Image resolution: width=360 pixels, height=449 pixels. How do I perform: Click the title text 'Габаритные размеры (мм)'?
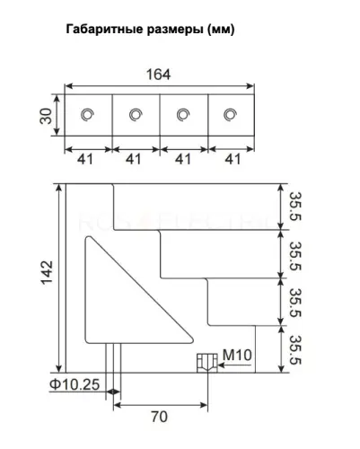coord(150,30)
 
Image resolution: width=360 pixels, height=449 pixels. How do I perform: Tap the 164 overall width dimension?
coord(158,75)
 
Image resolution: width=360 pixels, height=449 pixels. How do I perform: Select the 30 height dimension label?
coord(46,116)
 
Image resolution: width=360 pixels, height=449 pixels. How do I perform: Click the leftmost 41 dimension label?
coord(85,159)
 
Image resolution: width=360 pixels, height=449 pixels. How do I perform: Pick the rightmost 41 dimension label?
coord(233,159)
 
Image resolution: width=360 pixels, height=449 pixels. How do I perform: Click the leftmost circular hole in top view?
coord(88,115)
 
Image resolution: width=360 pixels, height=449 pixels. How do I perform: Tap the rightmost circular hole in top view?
coord(230,115)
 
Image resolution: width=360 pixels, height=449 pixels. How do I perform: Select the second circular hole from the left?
coord(136,115)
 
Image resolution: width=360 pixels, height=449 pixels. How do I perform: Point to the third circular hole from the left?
coord(183,115)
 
